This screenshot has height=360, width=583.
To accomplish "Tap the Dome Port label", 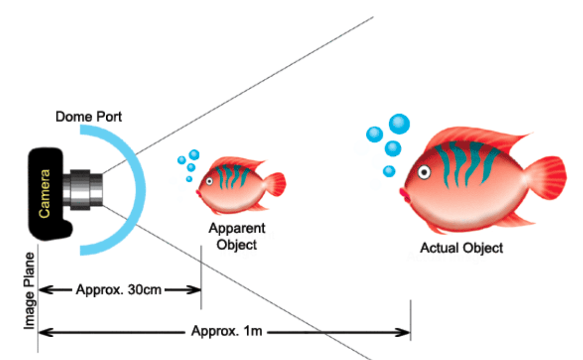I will pos(89,117).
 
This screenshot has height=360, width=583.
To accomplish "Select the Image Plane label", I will pos(29,290).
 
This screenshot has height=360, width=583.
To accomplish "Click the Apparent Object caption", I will pos(237,236).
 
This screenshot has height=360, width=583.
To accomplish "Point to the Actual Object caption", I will pos(461,248).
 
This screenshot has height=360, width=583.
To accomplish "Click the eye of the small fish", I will pos(209,181).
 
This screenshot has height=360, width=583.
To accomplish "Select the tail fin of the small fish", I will pos(276,185).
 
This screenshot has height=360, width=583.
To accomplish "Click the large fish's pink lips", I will pos(404,196).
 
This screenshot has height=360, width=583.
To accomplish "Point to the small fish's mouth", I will pos(198,193).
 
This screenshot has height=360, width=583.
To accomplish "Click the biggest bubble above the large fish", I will pos(399,123).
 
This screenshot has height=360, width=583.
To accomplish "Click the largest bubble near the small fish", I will pos(194,154).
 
